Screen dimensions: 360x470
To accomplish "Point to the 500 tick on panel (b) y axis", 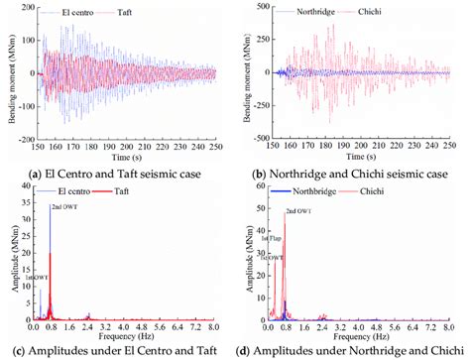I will [256, 10].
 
